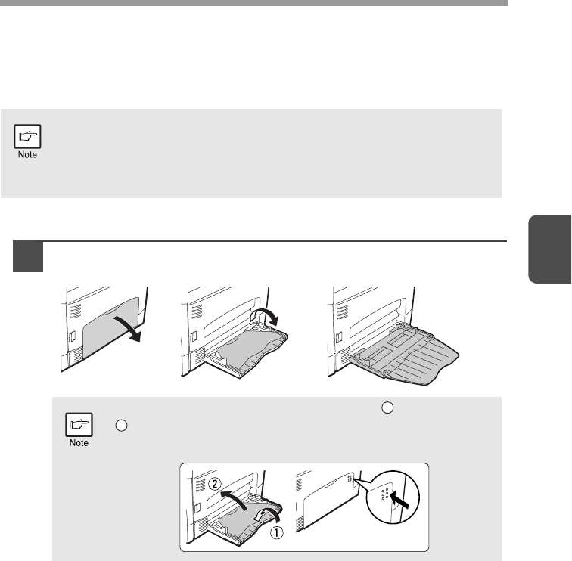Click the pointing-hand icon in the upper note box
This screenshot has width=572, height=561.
point(27,136)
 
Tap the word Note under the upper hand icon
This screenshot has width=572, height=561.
point(27,154)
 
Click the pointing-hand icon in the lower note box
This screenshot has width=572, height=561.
point(79,425)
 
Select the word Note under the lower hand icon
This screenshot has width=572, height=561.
point(79,443)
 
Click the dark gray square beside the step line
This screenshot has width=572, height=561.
point(28,256)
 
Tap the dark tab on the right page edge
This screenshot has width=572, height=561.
point(550,249)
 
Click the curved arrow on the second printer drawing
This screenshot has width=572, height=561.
point(266,314)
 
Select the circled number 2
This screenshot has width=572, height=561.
point(215,484)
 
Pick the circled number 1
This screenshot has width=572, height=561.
point(276,533)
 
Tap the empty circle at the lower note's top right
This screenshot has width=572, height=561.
point(387,408)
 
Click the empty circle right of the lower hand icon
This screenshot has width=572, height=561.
point(121,426)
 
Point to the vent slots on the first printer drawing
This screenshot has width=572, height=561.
point(76,311)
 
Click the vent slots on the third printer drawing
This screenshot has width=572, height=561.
point(342,311)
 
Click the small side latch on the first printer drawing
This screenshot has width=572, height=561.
point(72,336)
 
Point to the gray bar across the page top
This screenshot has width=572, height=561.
point(254,3)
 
